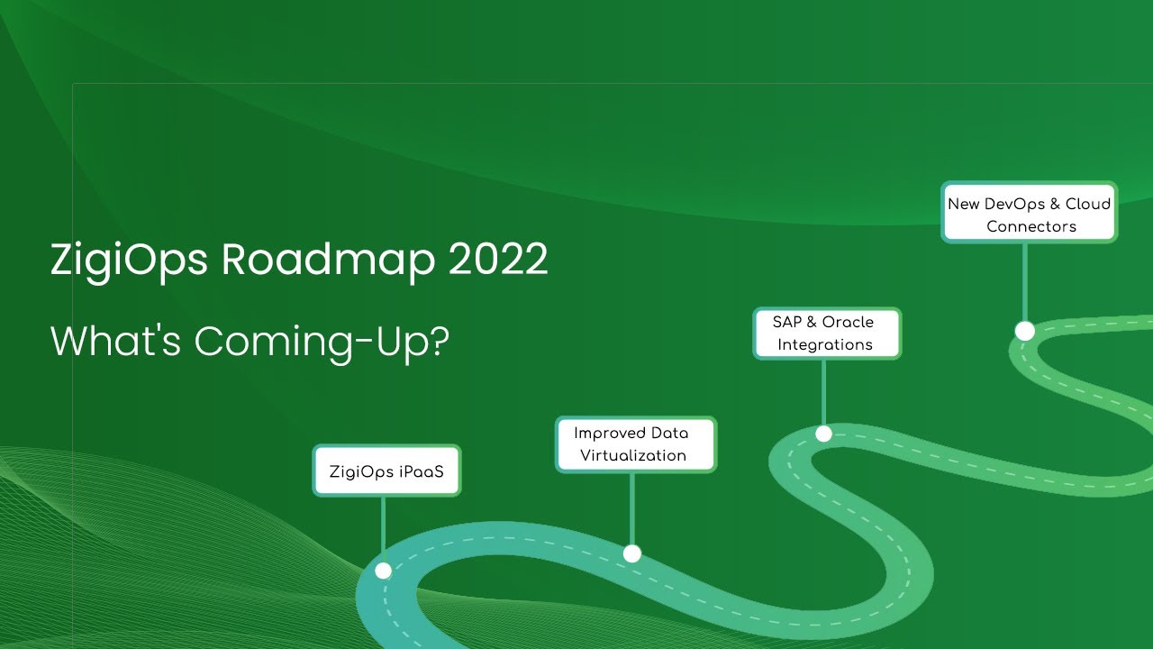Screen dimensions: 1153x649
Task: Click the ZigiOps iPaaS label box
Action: coord(386,471)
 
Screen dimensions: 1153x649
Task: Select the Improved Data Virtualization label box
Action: coord(635,444)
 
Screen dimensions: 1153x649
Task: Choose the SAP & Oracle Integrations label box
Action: coord(826,333)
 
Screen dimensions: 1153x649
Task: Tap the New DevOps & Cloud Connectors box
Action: coord(1029,214)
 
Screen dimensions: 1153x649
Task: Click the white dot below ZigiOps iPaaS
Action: coord(383,571)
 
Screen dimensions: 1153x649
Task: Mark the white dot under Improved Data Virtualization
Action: coord(632,553)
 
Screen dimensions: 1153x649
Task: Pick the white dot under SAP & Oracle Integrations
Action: coord(823,434)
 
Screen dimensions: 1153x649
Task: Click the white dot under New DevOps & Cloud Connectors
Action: coord(1024,331)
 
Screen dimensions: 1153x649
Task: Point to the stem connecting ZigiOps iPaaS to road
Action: coord(383,527)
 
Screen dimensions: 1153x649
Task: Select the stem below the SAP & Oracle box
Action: coord(823,391)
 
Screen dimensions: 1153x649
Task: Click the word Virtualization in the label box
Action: coord(633,455)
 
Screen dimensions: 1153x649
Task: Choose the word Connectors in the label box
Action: coord(1031,226)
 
